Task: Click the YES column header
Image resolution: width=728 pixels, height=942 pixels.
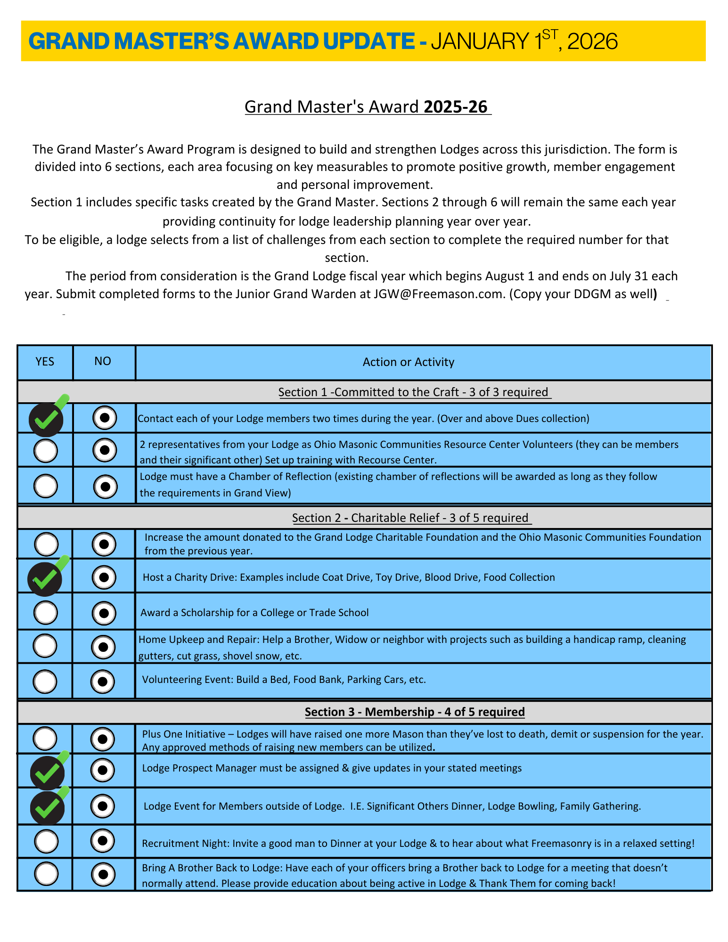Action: pos(45,361)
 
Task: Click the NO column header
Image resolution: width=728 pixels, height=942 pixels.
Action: pos(103,361)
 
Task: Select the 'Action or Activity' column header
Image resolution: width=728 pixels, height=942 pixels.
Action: pos(408,362)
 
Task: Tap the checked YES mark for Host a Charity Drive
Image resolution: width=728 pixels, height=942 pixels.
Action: pos(45,579)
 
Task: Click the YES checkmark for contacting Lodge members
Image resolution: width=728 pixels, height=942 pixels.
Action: pos(46,419)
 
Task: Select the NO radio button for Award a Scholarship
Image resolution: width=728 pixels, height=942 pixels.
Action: pos(104,613)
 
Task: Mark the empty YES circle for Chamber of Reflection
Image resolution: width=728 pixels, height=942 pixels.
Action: pos(46,486)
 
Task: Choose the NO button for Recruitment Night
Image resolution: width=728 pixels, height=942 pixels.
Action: pos(103,841)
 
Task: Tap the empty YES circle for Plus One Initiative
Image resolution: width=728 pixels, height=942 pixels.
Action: pos(46,738)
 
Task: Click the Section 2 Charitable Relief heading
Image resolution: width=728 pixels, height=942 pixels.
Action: pos(411,518)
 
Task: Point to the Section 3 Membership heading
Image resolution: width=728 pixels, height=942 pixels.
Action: pos(414,712)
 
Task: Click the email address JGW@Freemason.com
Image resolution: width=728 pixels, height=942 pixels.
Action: pos(439,294)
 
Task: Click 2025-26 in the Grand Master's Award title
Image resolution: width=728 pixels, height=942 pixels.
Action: pos(455,107)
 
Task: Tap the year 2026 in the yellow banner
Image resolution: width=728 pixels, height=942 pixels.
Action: pos(592,41)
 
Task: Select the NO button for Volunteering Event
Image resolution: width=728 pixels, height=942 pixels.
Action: pos(103,682)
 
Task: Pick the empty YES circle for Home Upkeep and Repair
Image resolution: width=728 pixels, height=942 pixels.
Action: pos(45,645)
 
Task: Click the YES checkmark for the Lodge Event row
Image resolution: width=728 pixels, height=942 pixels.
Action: pos(47,808)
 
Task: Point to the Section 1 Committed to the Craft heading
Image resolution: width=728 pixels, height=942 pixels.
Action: pos(414,392)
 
